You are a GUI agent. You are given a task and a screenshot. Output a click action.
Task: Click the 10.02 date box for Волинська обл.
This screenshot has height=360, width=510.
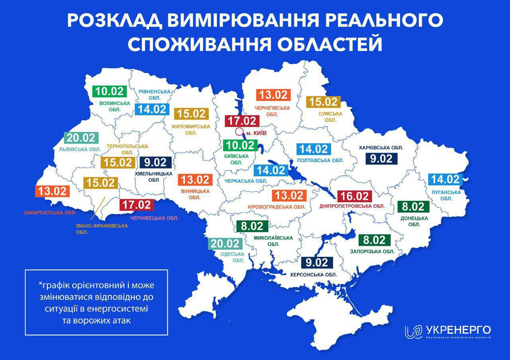[x=109, y=91]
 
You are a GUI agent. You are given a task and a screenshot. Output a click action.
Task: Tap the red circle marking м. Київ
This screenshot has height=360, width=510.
[x=239, y=132]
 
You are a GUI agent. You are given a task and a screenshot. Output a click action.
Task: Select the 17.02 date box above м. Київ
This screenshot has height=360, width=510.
[x=242, y=121]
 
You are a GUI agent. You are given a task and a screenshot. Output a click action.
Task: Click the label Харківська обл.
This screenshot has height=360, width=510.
[x=381, y=148]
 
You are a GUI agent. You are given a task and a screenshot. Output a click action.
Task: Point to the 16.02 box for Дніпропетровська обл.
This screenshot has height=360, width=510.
[x=354, y=196]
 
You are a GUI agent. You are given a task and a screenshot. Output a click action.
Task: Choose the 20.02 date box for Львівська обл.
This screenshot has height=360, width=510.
[x=81, y=138]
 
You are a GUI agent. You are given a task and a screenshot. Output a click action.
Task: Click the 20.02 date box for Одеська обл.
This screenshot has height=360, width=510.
[x=226, y=243]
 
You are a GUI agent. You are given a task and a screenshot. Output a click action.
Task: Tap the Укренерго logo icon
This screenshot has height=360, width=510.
[x=413, y=332]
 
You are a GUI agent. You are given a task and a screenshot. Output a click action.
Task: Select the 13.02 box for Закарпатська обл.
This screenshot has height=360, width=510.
[x=53, y=191]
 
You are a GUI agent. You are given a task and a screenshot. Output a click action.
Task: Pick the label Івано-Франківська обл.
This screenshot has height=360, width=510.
[x=102, y=229]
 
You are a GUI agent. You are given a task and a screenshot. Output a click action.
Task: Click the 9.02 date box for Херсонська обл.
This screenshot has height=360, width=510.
[x=317, y=262]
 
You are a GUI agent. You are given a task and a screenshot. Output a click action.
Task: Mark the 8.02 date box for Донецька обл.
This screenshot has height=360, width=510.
[x=414, y=207]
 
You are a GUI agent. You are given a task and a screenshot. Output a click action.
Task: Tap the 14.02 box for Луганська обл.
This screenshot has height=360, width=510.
[x=445, y=179]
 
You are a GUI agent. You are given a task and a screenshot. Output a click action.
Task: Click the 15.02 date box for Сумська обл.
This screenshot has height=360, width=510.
[x=324, y=102]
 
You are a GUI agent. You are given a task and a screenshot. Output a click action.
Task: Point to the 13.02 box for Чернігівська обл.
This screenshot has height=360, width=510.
[x=273, y=95]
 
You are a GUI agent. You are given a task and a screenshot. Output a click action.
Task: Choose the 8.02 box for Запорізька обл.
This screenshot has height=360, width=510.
[x=374, y=240]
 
